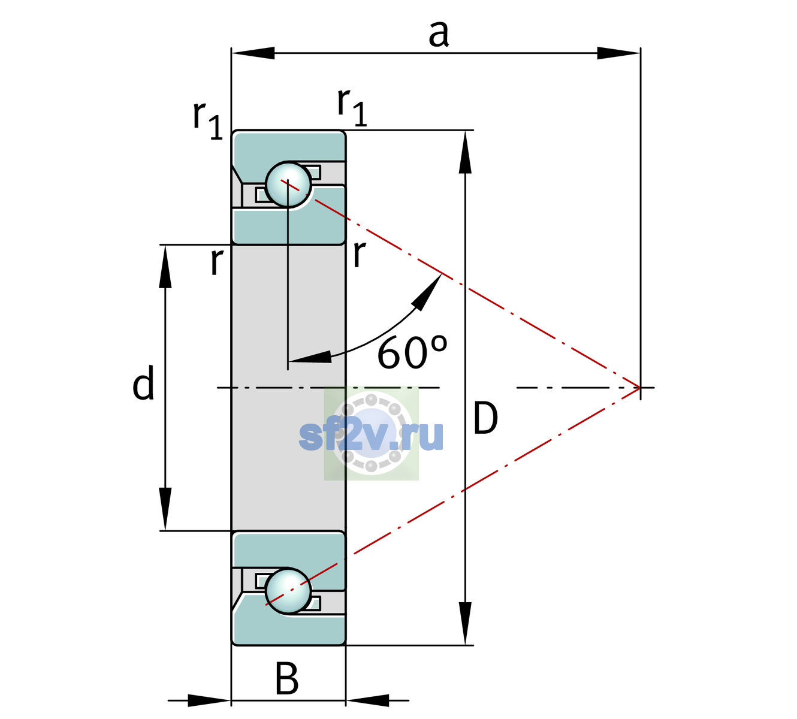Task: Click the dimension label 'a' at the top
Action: coord(439,34)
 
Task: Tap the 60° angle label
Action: coord(412,352)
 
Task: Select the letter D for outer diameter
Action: coord(485,418)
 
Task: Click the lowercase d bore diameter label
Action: coord(143,382)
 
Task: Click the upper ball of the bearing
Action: coord(288,185)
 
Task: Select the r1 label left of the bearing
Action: coord(207,119)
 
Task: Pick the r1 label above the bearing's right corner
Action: coord(352,107)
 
